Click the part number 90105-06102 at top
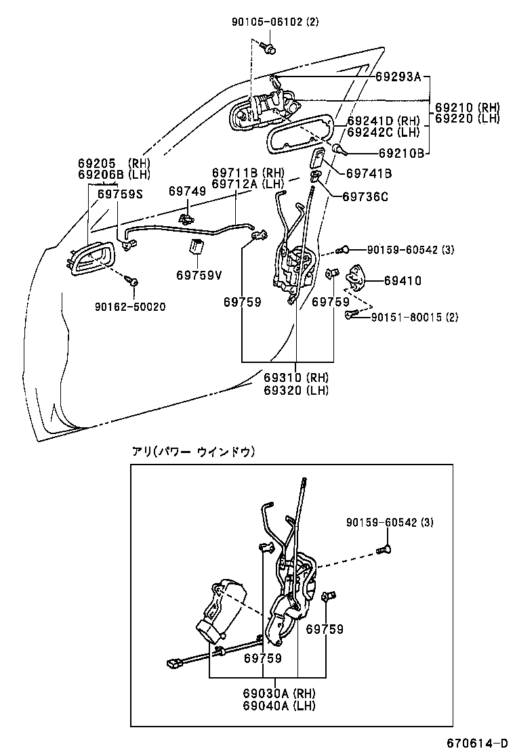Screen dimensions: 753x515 click(x=274, y=22)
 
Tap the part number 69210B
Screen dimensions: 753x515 click(x=401, y=154)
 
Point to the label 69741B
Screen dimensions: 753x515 click(x=369, y=174)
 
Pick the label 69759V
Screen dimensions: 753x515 click(x=199, y=275)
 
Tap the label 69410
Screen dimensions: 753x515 click(x=403, y=280)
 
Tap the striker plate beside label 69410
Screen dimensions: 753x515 click(x=356, y=276)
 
